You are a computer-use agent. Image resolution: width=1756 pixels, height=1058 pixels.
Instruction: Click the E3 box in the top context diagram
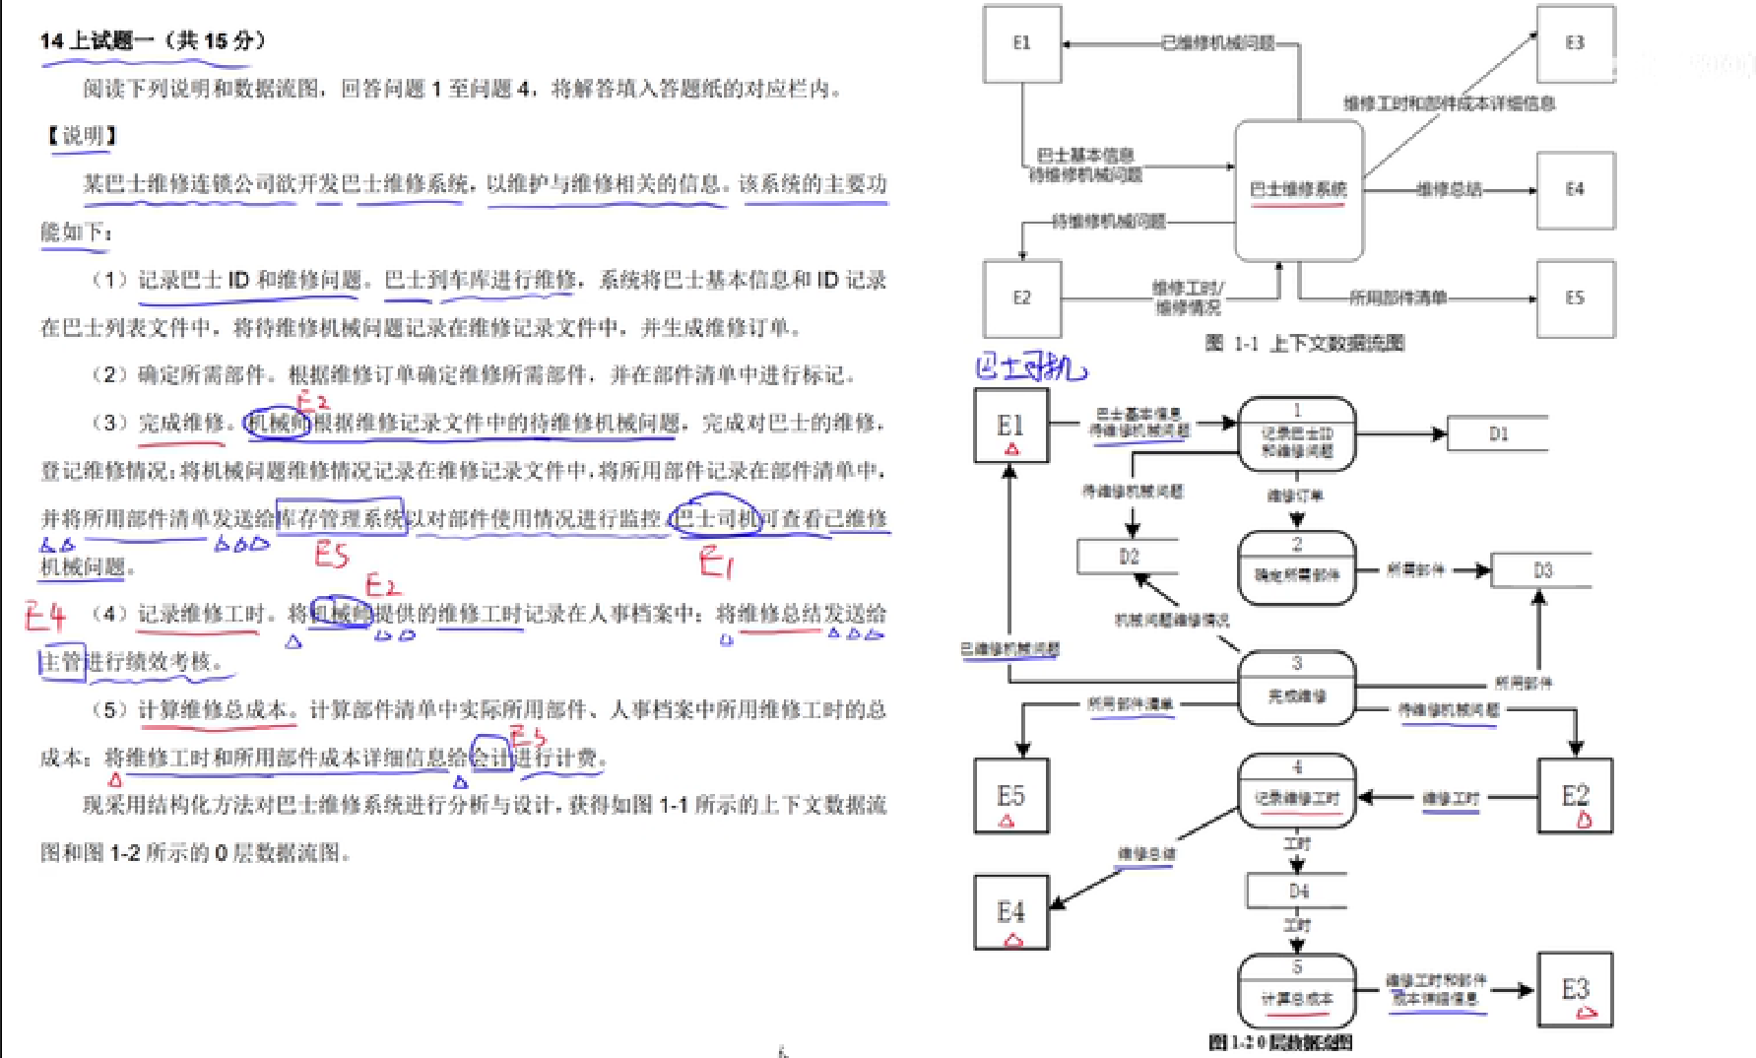1575,43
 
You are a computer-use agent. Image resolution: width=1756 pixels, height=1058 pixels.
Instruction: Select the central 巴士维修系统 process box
1298,190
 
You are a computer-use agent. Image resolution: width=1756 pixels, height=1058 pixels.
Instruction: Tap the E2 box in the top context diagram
1021,298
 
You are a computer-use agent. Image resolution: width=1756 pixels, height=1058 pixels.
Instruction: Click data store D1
1497,433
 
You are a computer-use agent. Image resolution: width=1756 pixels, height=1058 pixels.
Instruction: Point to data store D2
1129,557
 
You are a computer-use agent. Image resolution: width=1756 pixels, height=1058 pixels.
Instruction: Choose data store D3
1541,570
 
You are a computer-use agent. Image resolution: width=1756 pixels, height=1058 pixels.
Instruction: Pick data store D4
1297,892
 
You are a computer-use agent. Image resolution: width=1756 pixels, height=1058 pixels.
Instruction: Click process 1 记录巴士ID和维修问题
1296,434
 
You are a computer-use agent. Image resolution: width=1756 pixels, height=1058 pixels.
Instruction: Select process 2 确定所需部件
1296,568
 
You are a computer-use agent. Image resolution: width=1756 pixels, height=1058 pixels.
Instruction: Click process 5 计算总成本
1296,991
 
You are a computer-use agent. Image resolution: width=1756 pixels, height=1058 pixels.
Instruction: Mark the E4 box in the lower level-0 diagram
1011,913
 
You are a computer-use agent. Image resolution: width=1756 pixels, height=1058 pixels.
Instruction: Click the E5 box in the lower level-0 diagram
1011,796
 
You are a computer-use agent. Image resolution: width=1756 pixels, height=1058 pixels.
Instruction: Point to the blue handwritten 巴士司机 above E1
1030,368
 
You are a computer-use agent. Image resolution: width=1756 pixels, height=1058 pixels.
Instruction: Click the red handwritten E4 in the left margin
45,617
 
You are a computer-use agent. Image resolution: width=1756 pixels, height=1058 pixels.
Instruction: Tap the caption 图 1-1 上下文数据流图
1304,344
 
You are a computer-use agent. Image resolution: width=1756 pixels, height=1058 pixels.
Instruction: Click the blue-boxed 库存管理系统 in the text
341,518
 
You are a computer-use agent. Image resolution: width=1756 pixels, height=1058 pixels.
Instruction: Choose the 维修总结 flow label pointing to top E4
1448,190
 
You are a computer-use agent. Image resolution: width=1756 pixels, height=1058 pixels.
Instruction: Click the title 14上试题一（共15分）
153,41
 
